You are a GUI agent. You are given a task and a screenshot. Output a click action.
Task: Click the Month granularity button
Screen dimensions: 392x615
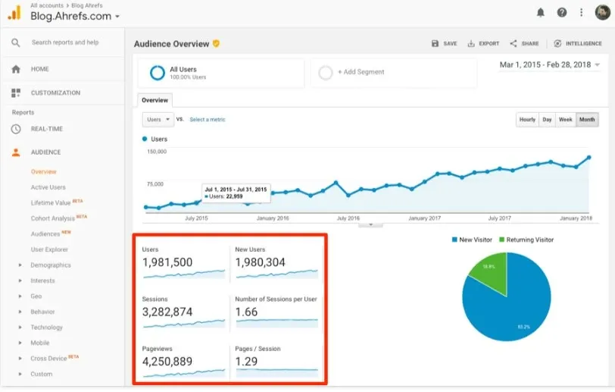[x=587, y=119]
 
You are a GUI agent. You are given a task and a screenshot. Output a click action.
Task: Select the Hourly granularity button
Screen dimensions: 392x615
[x=527, y=119]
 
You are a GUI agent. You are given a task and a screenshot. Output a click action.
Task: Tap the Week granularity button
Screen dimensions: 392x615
[x=565, y=119]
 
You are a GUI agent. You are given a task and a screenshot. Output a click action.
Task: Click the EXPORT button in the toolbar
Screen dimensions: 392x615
[x=483, y=44]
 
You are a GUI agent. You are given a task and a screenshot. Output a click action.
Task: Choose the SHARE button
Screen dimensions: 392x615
[x=524, y=44]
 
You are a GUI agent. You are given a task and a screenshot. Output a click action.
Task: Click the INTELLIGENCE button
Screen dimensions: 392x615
[x=579, y=44]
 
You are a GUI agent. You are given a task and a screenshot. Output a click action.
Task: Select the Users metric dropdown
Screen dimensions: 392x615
[x=158, y=119]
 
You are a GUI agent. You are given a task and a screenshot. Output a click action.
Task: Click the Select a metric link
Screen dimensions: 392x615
[x=207, y=120]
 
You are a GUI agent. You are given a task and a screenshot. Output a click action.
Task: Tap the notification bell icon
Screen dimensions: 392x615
[x=541, y=12]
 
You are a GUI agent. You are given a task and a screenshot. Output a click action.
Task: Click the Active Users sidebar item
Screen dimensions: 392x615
[x=48, y=187]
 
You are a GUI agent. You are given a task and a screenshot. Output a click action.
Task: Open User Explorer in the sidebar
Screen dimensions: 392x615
[x=49, y=249]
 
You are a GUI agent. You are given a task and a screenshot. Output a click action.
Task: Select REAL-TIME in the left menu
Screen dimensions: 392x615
[x=47, y=129]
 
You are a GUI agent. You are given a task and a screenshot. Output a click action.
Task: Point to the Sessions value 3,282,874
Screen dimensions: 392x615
[x=167, y=312]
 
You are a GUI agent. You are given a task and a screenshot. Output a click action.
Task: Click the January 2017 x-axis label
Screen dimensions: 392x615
[x=423, y=218]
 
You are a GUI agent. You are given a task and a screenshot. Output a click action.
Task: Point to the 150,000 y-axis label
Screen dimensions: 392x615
[x=156, y=152]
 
